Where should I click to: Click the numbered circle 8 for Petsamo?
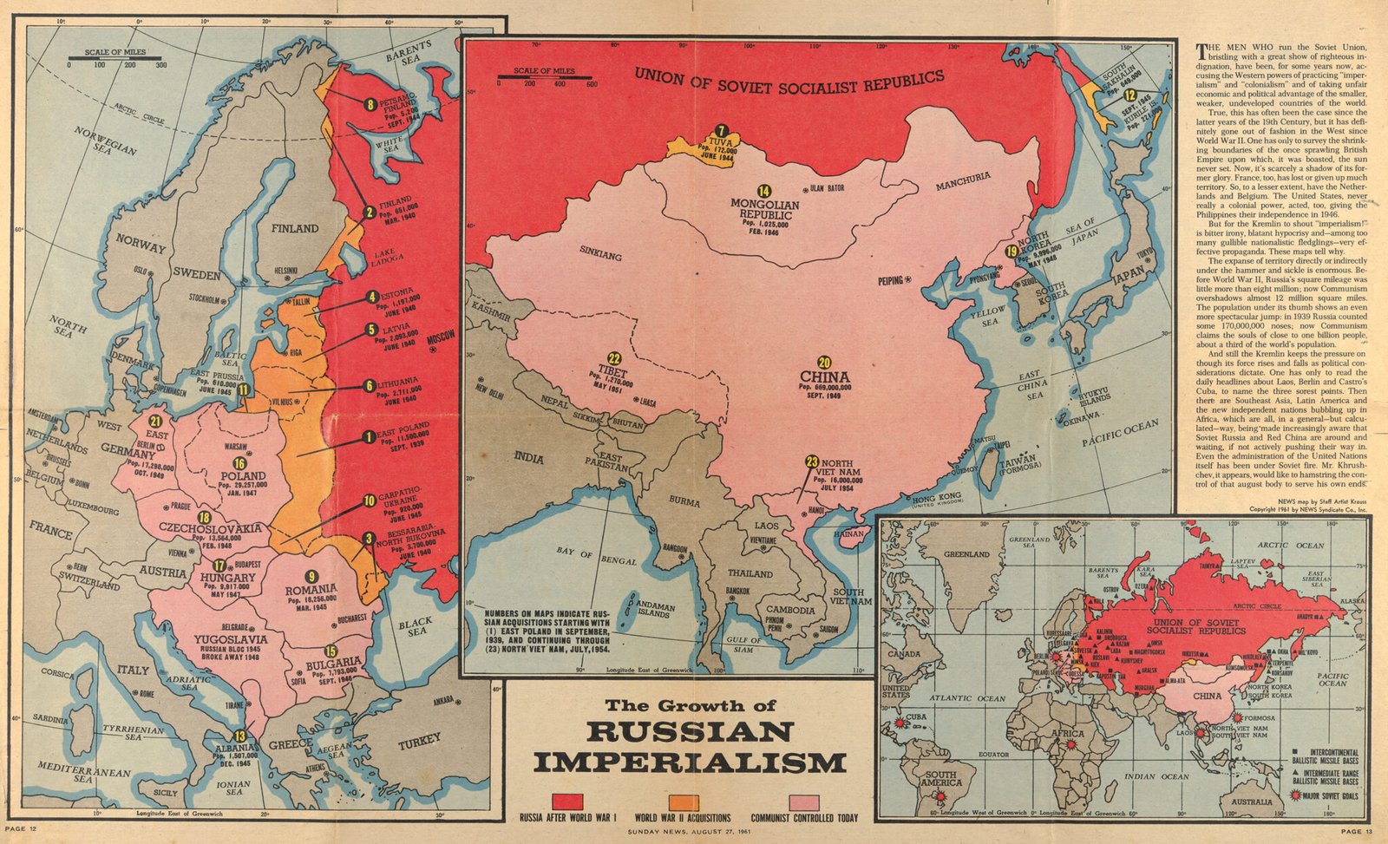(370, 105)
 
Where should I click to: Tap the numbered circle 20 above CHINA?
(824, 362)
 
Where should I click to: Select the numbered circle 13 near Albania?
(239, 737)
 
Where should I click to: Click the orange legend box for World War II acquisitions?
(684, 801)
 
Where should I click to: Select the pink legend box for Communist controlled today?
(803, 801)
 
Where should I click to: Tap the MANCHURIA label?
(962, 179)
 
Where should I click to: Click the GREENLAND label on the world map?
(966, 553)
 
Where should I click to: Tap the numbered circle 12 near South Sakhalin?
(1129, 96)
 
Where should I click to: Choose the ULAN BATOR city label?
(827, 188)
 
